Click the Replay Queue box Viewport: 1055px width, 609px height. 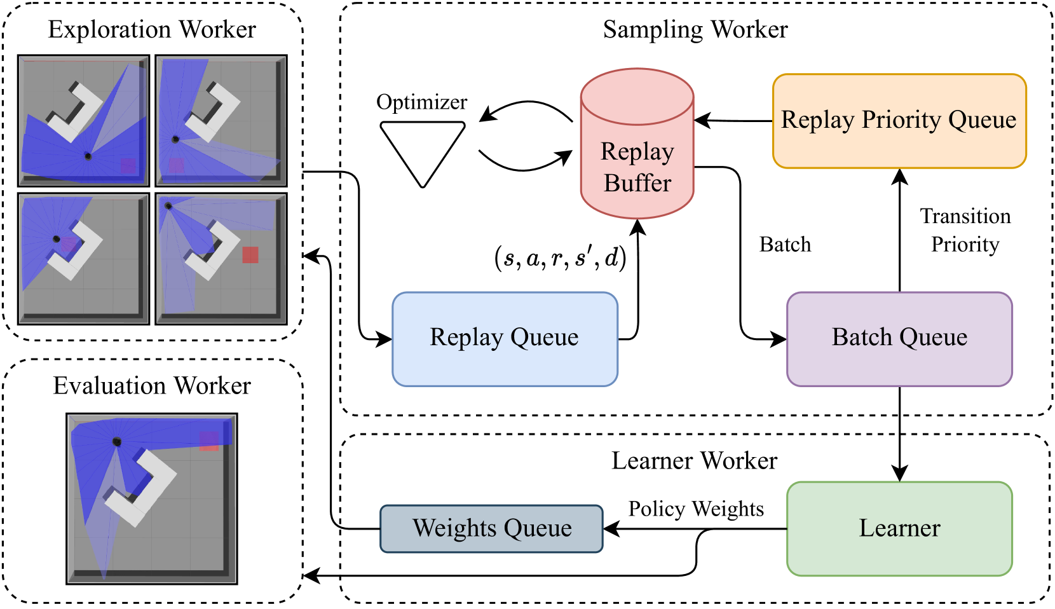[505, 339]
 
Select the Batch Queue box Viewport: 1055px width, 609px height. [899, 339]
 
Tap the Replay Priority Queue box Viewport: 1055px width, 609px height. [899, 121]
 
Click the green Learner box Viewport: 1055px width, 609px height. [899, 528]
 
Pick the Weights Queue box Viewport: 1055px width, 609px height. [491, 528]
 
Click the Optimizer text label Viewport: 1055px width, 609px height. [421, 102]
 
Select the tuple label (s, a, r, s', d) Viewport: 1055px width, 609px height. [560, 257]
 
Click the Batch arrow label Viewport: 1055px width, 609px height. [785, 245]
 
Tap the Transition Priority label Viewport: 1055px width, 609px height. [965, 230]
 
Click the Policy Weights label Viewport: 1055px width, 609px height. [696, 509]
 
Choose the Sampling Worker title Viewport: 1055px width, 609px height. [695, 30]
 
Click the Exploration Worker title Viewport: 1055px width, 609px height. [152, 30]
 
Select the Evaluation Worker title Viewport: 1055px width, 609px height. [152, 386]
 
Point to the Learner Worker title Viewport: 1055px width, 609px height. [694, 461]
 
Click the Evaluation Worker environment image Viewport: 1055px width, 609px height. [152, 498]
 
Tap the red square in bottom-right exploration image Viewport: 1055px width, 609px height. [250, 255]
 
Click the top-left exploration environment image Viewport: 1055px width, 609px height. [84, 120]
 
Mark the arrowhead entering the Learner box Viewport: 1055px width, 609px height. [899, 475]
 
